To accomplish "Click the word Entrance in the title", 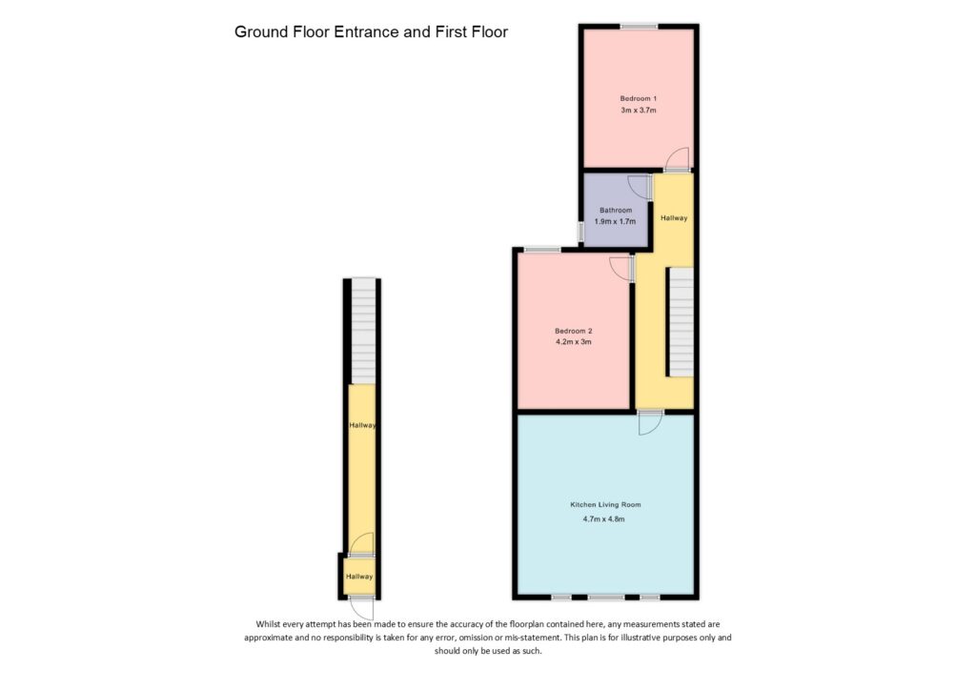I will [367, 32].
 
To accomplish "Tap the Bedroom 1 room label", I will [638, 99].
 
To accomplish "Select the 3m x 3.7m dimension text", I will [638, 112].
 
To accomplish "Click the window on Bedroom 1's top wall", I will [639, 26].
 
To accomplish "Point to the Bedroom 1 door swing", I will [676, 159].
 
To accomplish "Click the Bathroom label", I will [615, 210].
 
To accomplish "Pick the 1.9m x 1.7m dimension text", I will [615, 221].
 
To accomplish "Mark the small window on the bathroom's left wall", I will [580, 232].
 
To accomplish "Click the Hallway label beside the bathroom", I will [674, 218].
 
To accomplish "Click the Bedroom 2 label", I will [574, 331].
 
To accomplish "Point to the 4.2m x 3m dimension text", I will [574, 342].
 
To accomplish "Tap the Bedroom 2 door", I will [621, 269].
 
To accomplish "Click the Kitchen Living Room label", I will [605, 504].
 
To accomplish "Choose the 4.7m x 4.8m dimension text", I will [605, 519].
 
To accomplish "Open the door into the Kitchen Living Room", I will [650, 422].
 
